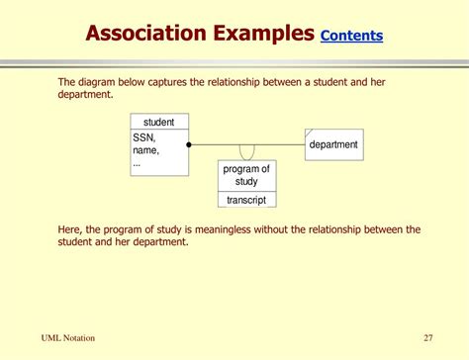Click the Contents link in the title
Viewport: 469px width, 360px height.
point(351,36)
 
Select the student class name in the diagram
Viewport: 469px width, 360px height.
point(158,123)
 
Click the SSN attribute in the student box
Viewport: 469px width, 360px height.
point(143,138)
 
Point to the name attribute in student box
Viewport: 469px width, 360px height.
point(145,150)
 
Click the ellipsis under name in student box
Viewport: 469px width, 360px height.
point(138,162)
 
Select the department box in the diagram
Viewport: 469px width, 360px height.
point(332,144)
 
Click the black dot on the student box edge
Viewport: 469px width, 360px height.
point(189,144)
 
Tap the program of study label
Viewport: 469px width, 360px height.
point(246,175)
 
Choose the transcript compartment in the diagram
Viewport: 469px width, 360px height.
point(246,200)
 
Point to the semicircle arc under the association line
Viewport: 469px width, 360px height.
point(247,153)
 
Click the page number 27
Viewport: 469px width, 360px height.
point(428,338)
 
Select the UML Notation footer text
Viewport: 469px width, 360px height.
point(68,338)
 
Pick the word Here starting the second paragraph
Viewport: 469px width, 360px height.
point(70,229)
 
